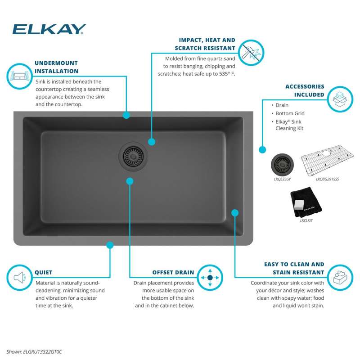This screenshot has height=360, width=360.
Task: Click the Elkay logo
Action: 49,29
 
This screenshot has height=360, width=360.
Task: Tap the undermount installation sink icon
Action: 19,76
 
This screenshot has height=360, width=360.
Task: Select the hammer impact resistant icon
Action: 251,53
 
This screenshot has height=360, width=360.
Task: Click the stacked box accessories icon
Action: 340,99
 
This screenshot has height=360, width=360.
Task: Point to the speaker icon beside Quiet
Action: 19,278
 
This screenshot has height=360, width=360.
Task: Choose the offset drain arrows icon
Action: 210,278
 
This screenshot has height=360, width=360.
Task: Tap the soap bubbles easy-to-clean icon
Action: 340,278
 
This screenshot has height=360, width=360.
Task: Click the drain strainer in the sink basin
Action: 133,157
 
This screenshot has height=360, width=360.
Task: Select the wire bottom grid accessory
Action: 327,161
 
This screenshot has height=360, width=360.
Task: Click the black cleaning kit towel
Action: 306,202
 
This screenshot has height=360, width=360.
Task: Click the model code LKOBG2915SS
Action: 327,179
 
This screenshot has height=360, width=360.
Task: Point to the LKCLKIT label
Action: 306,220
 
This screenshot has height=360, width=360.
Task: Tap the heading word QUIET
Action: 44,272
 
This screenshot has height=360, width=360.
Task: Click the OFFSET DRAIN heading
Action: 173,272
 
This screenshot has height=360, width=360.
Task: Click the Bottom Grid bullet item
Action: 290,113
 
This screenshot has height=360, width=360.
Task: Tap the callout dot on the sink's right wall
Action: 234,213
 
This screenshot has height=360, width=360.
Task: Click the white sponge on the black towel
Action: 299,204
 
